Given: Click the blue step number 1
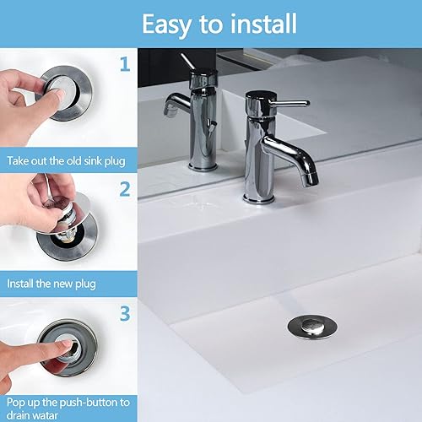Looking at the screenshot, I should (125, 65).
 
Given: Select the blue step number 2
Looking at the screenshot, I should (125, 188).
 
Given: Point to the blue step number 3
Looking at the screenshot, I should (125, 314).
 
